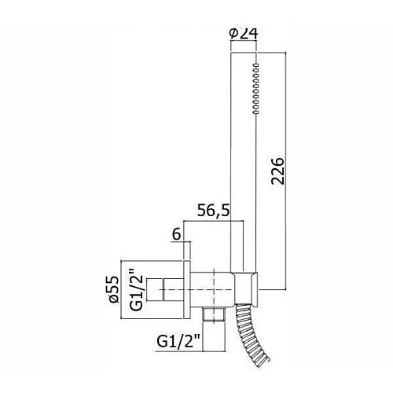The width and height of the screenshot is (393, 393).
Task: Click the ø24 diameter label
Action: [244, 34]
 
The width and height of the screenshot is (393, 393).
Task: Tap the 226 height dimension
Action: [277, 171]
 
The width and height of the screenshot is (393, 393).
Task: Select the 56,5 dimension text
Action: [213, 211]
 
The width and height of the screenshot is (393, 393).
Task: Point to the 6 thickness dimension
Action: [176, 234]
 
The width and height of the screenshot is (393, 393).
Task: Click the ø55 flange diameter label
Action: [114, 289]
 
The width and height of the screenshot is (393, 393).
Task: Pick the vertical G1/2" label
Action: [137, 292]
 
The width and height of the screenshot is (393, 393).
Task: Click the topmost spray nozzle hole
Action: [255, 64]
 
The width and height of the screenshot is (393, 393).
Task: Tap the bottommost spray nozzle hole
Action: [255, 112]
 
